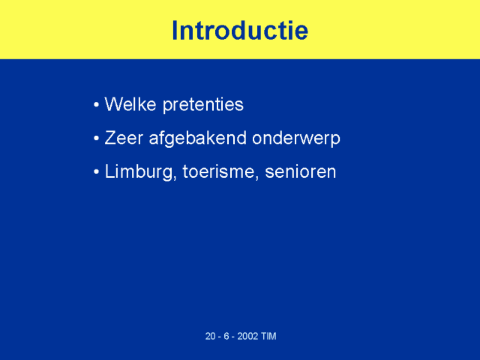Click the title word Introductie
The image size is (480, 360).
240,30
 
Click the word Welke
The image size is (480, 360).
130,104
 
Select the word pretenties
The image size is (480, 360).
203,106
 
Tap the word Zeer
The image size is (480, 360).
124,138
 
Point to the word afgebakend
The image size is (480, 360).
197,139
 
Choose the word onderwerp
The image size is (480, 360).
296,139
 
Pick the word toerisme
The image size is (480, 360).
218,172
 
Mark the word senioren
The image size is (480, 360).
300,172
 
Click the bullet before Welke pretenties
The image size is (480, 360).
97,105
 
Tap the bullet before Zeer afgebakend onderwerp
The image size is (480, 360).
97,138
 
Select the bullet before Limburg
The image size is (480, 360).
97,172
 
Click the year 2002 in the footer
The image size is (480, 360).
247,336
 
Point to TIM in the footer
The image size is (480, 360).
268,336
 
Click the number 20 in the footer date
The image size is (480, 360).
210,336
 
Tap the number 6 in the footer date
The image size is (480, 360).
226,336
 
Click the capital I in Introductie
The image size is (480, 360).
175,30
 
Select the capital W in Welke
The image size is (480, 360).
114,104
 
